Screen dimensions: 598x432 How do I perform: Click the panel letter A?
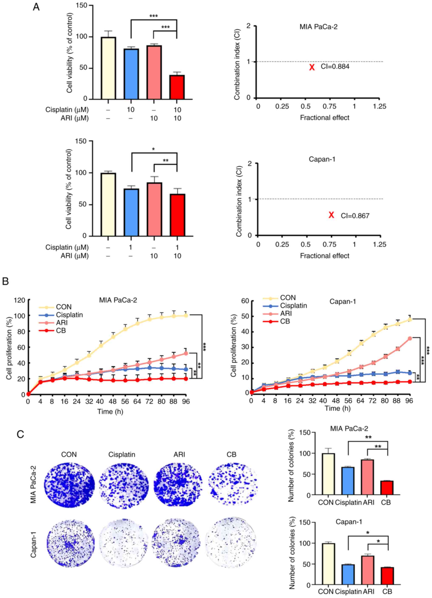click(36, 7)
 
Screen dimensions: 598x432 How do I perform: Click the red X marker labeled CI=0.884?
click(312, 67)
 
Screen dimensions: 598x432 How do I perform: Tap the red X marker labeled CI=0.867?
click(331, 215)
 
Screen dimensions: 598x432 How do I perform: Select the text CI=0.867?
click(355, 216)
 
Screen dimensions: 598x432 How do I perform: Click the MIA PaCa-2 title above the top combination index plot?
click(318, 27)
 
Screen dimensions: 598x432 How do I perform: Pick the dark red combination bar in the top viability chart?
click(177, 87)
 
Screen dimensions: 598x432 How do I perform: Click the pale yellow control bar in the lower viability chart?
click(108, 204)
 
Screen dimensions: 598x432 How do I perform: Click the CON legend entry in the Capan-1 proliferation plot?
click(288, 298)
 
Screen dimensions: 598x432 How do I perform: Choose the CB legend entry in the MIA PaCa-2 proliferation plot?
click(61, 330)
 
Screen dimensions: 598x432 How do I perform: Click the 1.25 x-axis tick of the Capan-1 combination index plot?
click(380, 244)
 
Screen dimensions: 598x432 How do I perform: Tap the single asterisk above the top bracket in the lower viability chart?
click(153, 149)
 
